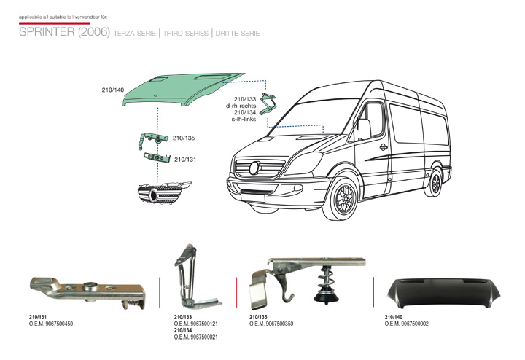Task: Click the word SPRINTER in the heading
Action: [44, 34]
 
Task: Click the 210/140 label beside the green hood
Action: [113, 90]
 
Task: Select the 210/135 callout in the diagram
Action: [183, 137]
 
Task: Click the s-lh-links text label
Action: [244, 119]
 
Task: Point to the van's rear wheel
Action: [435, 181]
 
